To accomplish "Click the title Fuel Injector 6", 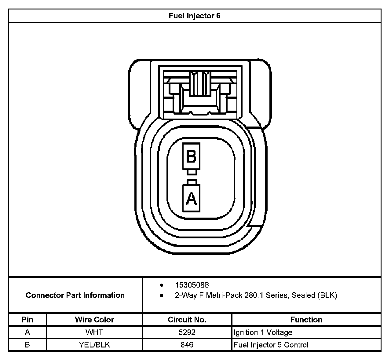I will pyautogui.click(x=195, y=16).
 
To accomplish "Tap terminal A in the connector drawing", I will pyautogui.click(x=191, y=198).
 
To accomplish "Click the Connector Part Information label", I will pyautogui.click(x=75, y=295).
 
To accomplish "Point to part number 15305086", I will pyautogui.click(x=192, y=285).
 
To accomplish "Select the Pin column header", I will pyautogui.click(x=27, y=320).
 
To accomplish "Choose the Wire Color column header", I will pyautogui.click(x=94, y=320).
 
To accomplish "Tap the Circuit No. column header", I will pyautogui.click(x=187, y=320).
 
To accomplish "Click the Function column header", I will pyautogui.click(x=306, y=320).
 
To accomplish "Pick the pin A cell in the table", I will pyautogui.click(x=27, y=332).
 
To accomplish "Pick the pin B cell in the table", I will pyautogui.click(x=27, y=345).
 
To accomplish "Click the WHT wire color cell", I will pyautogui.click(x=94, y=332).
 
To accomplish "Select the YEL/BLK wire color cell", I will pyautogui.click(x=94, y=345).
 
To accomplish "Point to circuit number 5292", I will pyautogui.click(x=187, y=332).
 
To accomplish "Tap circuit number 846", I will pyautogui.click(x=187, y=345).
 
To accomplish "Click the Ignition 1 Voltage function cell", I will pyautogui.click(x=263, y=332).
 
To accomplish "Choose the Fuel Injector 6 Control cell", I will pyautogui.click(x=271, y=345).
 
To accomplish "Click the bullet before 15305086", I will pyautogui.click(x=161, y=285).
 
